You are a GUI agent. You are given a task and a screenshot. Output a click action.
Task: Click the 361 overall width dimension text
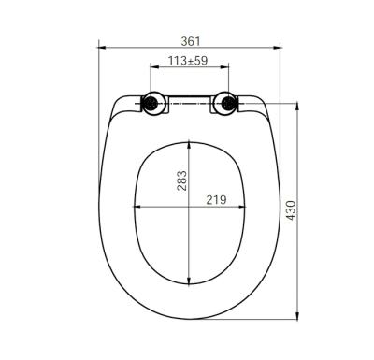click(190, 41)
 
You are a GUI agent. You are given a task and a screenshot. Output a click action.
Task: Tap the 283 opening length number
click(183, 180)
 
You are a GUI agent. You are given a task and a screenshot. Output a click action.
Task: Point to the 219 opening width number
click(217, 199)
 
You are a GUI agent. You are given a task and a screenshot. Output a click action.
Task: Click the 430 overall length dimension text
click(291, 211)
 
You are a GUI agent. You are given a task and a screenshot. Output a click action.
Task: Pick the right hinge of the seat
click(226, 103)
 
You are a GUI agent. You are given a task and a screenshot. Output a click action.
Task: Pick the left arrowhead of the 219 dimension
click(137, 207)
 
